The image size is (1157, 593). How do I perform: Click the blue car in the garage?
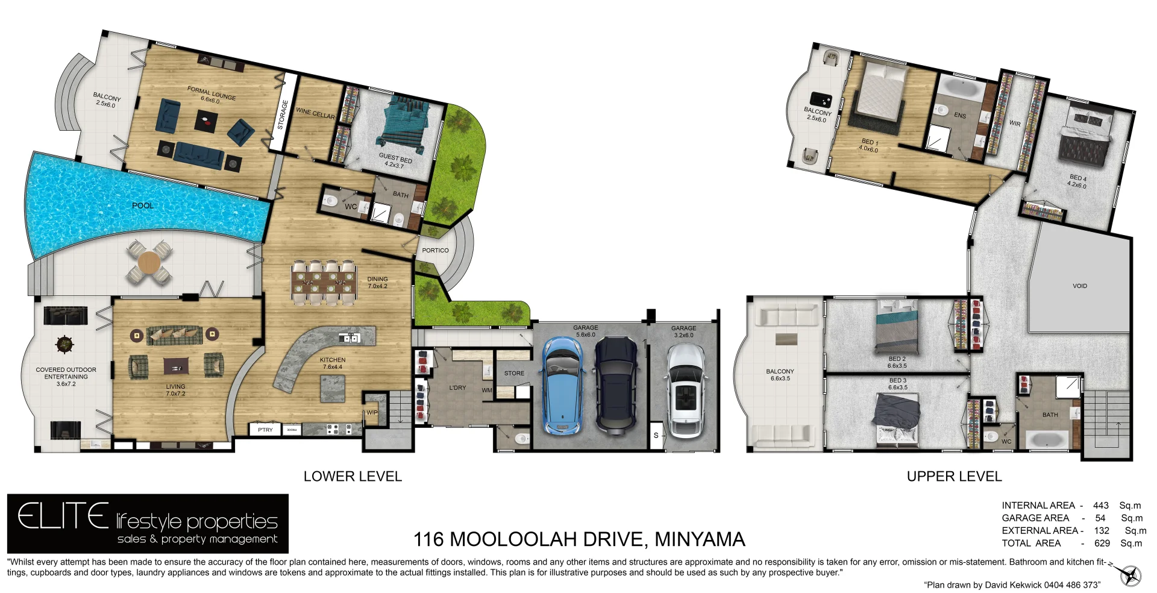click(562, 386)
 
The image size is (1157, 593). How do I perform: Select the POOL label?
click(143, 206)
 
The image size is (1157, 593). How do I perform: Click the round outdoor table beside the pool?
click(149, 263)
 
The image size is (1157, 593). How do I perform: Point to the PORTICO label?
click(435, 250)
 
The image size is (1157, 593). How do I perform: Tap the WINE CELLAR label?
click(315, 113)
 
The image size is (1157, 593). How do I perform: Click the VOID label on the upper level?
click(1079, 286)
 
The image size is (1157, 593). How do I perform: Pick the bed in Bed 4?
click(1085, 142)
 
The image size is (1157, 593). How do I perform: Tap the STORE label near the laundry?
click(514, 373)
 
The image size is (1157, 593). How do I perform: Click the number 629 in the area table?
click(1102, 543)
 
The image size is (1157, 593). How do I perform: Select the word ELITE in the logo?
click(63, 517)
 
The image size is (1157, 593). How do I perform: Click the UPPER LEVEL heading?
click(954, 476)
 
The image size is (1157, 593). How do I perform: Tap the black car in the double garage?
click(616, 384)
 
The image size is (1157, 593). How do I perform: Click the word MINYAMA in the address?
click(700, 539)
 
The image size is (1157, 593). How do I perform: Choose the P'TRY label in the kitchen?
click(265, 430)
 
